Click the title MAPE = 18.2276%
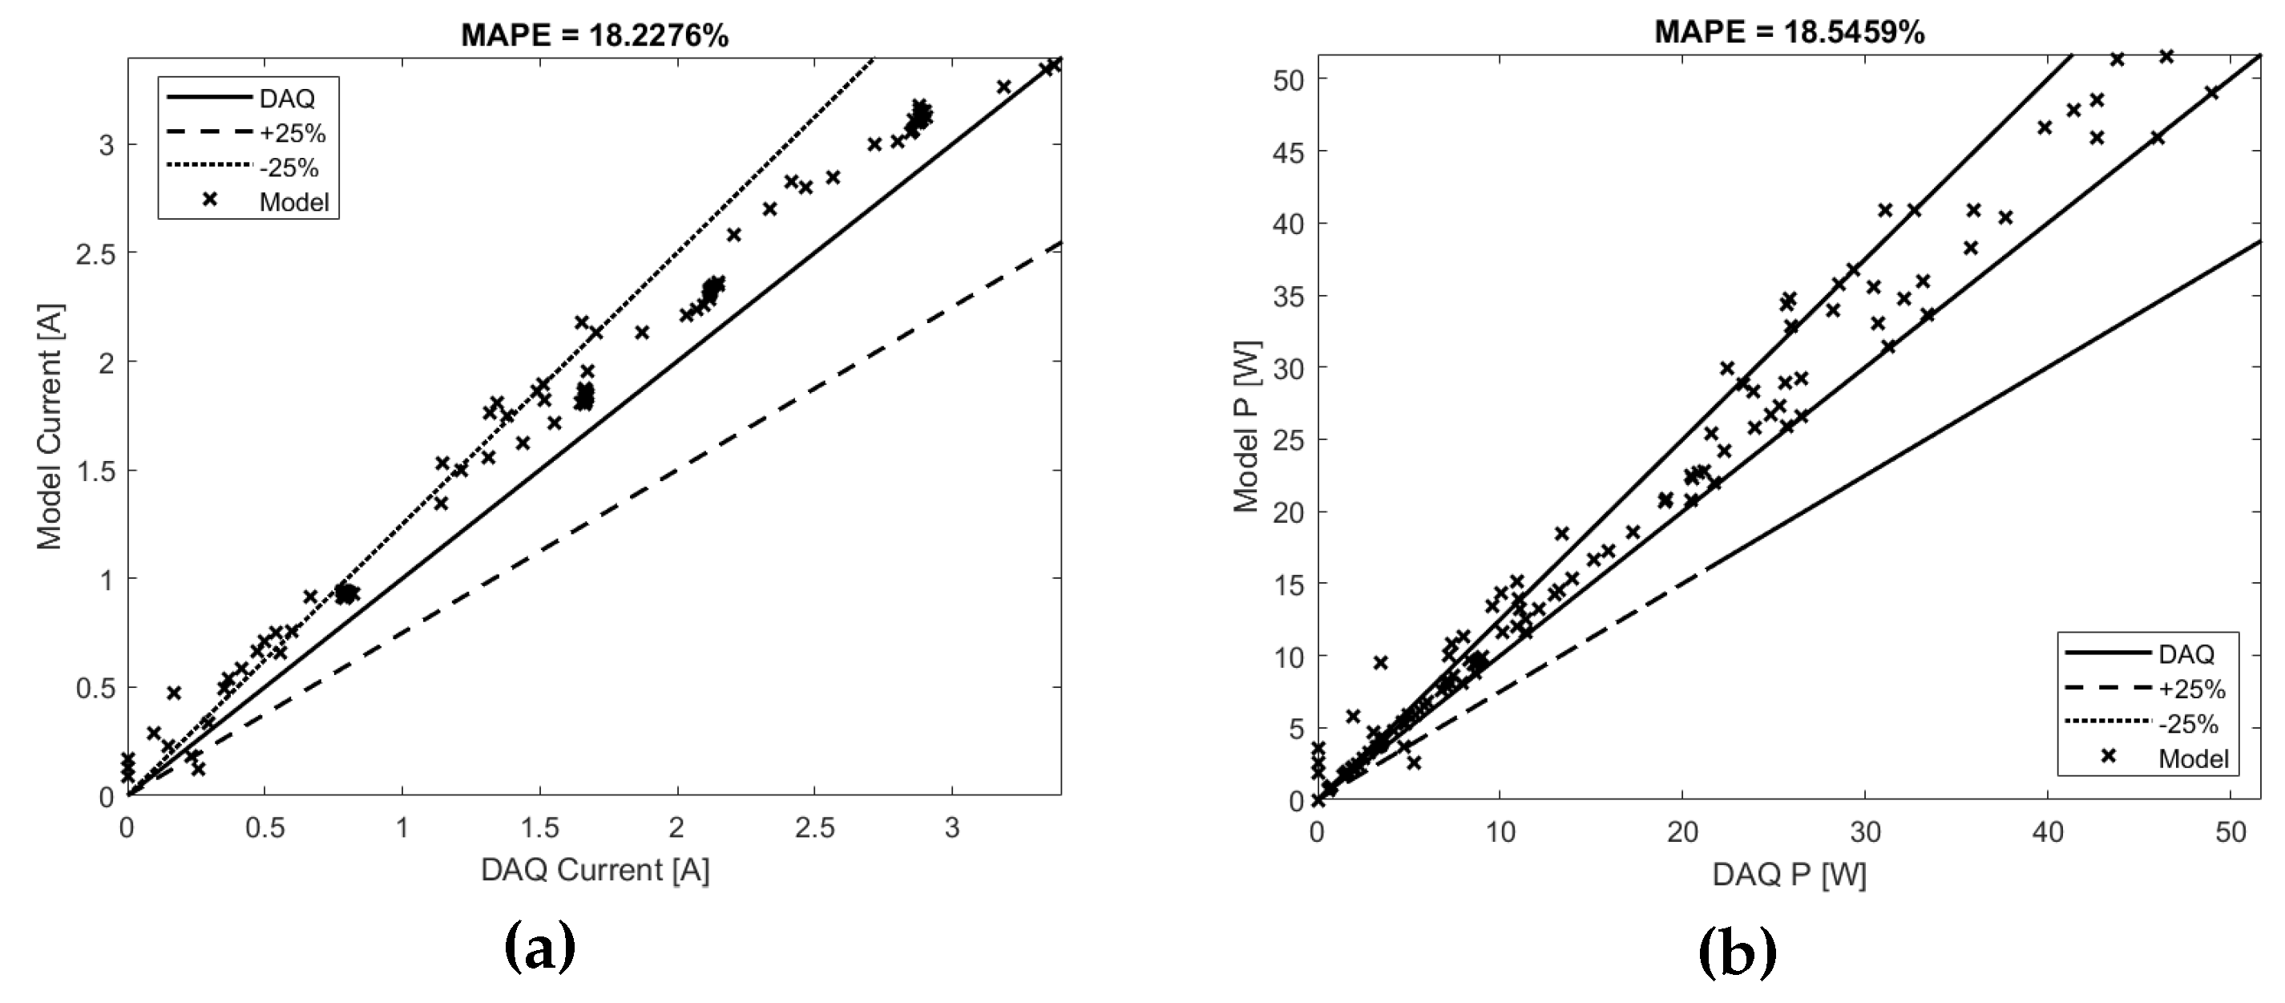coord(595,35)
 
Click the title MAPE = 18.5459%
coord(1790,33)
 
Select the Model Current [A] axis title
coord(50,427)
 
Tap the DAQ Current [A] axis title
coord(595,871)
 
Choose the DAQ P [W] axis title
coord(1789,876)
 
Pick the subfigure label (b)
coord(1738,952)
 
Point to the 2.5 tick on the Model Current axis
coord(96,254)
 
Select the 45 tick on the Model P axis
coord(1287,152)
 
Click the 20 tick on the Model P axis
coord(1287,512)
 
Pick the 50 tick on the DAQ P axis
coord(2230,832)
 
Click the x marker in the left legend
coord(209,200)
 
